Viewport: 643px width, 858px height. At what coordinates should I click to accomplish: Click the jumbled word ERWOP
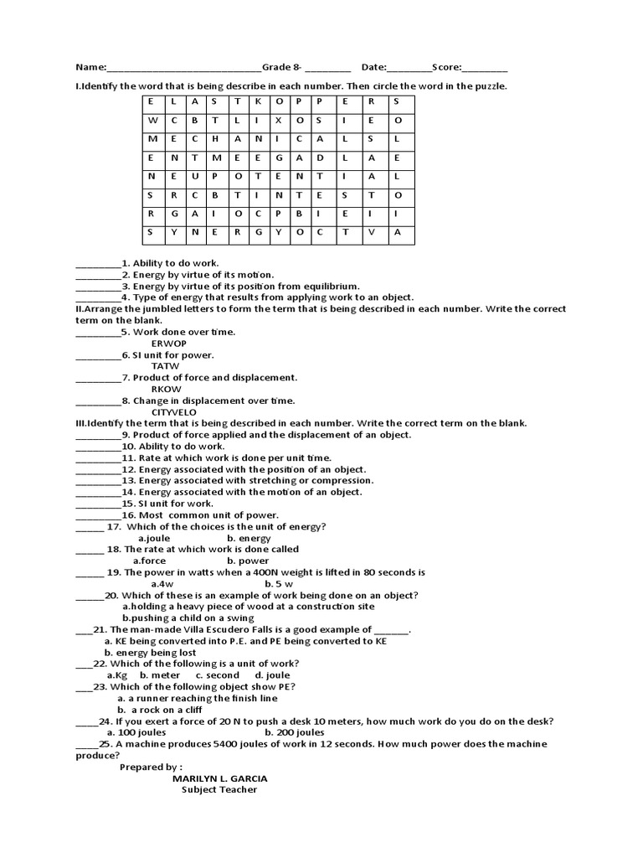coord(168,344)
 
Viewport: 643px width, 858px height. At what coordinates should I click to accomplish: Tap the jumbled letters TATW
coord(165,366)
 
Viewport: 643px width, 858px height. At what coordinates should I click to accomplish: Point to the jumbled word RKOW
coord(166,389)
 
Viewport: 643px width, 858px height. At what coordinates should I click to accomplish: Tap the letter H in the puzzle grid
coord(214,139)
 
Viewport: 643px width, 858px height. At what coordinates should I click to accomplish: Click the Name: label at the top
coord(91,67)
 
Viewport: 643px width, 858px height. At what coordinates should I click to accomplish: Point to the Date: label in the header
coord(374,67)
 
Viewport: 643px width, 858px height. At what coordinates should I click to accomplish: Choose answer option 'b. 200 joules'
coord(279,732)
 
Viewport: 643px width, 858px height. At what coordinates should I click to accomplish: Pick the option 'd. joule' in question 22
coord(272,675)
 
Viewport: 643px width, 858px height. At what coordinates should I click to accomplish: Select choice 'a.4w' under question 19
coord(162,583)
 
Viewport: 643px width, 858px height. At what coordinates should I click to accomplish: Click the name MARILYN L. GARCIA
coord(220,778)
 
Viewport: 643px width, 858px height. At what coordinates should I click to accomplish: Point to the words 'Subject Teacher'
coord(220,789)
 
